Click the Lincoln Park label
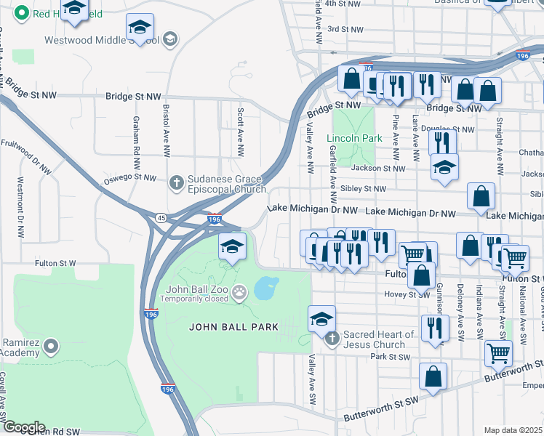click(x=353, y=138)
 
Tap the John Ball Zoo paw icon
click(x=239, y=293)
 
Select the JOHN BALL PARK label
click(x=233, y=327)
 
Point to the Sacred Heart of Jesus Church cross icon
click(x=332, y=339)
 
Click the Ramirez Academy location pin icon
click(x=51, y=346)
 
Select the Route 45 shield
click(x=159, y=217)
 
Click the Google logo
click(x=23, y=427)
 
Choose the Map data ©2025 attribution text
click(x=513, y=430)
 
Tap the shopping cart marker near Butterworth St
click(x=498, y=352)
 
